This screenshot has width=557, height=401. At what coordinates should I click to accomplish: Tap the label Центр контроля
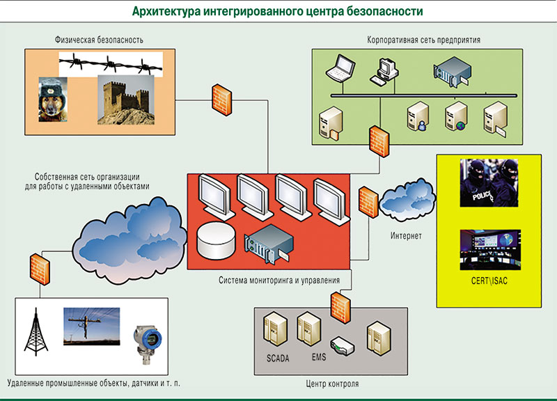[332, 384]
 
